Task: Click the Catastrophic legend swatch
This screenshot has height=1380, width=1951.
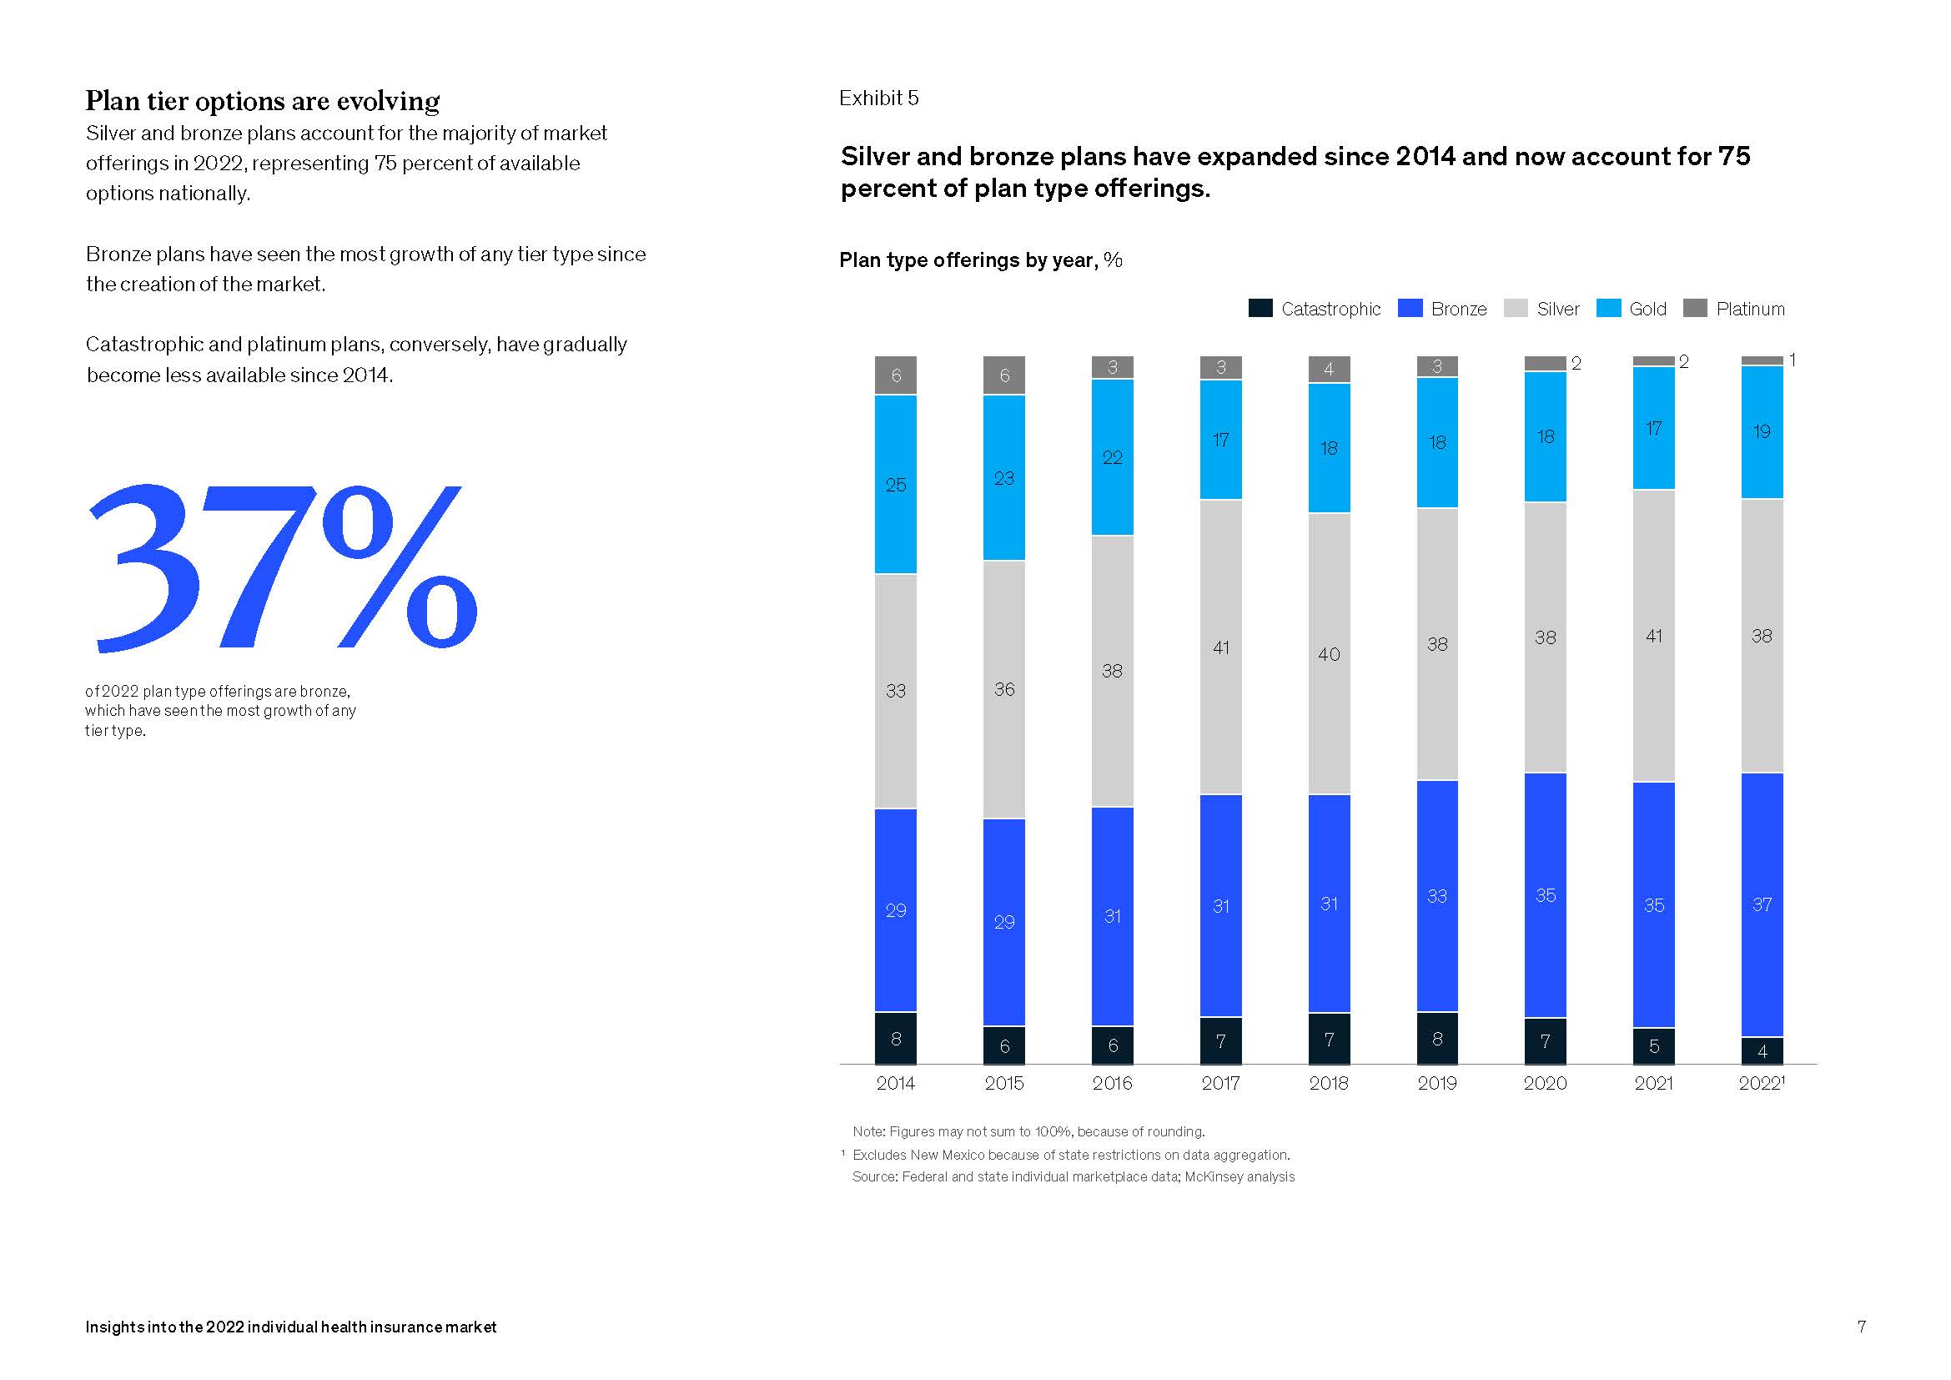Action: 1260,309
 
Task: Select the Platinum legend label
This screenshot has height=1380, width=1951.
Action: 1750,310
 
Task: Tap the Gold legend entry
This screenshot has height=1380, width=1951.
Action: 1632,310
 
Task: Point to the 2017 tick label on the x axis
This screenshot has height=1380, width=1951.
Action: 1220,1084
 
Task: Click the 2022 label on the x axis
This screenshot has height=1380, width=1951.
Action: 1761,1084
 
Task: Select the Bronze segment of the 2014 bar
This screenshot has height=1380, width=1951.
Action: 896,910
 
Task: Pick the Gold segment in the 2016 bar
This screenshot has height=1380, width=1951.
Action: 1113,457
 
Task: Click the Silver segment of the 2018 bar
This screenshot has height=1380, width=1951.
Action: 1329,654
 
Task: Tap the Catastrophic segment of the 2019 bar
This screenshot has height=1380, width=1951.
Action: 1437,1039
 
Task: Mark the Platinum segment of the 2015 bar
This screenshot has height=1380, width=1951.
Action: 1003,375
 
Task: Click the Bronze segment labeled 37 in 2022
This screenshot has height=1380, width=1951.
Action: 1762,905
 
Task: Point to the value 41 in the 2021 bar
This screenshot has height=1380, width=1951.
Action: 1653,636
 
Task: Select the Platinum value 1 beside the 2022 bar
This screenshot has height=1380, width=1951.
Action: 1792,360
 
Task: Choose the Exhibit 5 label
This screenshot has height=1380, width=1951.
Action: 878,98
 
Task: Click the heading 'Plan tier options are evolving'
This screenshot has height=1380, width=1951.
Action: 263,101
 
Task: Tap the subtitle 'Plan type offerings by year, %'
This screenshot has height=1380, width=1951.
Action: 981,260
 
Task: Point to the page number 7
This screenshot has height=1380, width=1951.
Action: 1861,1327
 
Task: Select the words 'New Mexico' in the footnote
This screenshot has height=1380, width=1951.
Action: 943,1155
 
